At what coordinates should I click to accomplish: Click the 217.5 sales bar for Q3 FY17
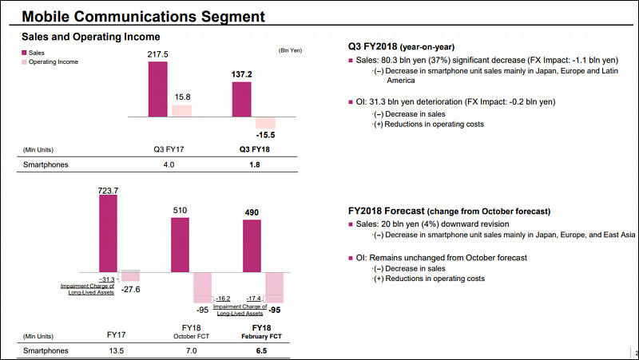157,88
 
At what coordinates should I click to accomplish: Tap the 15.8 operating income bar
181,111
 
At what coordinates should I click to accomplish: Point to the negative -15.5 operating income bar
265,123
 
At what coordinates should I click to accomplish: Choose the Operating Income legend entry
53,61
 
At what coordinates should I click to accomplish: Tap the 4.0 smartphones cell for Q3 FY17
164,165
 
